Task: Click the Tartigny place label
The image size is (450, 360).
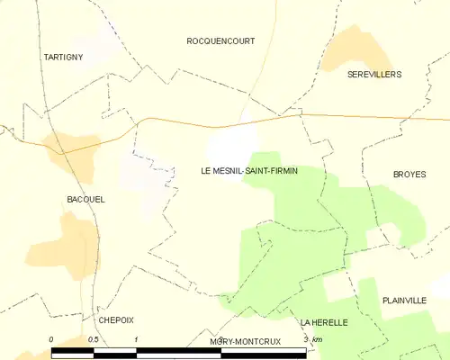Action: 62,57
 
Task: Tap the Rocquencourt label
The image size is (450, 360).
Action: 220,41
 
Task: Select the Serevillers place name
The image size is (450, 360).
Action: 374,74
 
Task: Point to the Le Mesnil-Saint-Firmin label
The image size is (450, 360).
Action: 249,170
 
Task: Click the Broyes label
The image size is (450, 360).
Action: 409,175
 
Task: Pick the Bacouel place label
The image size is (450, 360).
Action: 85,199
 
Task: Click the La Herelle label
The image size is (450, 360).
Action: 325,321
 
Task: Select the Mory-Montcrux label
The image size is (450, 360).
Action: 245,342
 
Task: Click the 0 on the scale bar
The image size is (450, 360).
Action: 51,339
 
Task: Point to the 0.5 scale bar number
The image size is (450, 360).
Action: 94,339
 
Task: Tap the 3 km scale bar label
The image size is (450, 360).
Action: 311,339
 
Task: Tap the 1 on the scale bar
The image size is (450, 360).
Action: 136,339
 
